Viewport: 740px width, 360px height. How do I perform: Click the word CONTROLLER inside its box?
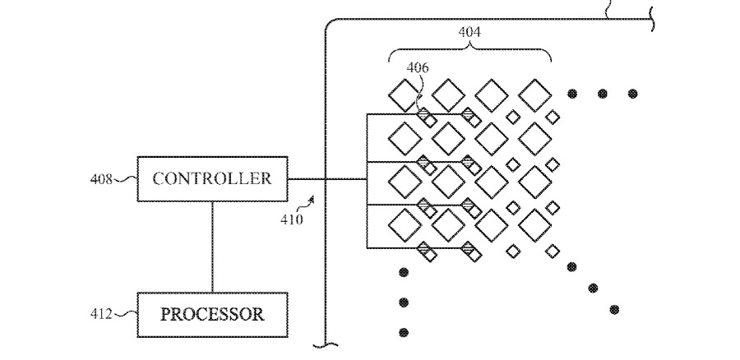pyautogui.click(x=211, y=178)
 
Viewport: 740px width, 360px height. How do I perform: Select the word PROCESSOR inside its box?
pyautogui.click(x=211, y=314)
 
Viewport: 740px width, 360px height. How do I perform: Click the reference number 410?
pyautogui.click(x=292, y=219)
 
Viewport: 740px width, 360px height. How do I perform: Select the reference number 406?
pyautogui.click(x=416, y=68)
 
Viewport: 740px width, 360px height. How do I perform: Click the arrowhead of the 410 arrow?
pyautogui.click(x=312, y=198)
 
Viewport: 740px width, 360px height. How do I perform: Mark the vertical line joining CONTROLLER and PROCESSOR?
pyautogui.click(x=212, y=246)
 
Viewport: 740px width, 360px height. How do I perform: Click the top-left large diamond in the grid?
pyautogui.click(x=405, y=95)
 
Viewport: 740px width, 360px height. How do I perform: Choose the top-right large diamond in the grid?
pyautogui.click(x=535, y=95)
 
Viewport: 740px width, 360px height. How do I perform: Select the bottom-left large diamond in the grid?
pyautogui.click(x=405, y=224)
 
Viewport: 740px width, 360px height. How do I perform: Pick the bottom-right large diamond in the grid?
pyautogui.click(x=535, y=224)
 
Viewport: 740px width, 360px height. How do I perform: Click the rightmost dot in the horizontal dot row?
pyautogui.click(x=632, y=94)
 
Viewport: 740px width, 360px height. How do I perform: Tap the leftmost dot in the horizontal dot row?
pyautogui.click(x=571, y=94)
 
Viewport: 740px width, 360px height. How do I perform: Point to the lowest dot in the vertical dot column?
pyautogui.click(x=403, y=333)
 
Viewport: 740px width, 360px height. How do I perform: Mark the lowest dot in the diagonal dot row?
pyautogui.click(x=614, y=309)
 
